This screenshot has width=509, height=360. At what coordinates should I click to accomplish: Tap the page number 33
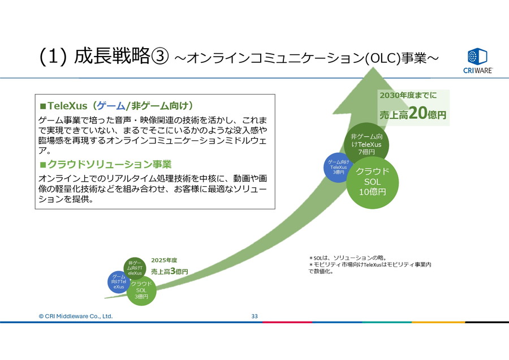point(255,316)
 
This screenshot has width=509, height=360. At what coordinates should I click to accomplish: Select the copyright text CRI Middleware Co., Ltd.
point(76,316)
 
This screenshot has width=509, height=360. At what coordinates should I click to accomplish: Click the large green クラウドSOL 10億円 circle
point(372,181)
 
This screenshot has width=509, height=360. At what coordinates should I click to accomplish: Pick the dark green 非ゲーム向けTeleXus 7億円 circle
point(366,144)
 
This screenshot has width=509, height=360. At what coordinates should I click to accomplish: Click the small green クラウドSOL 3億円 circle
point(141,289)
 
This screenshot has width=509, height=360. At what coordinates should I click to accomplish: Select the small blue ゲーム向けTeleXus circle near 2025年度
point(119,282)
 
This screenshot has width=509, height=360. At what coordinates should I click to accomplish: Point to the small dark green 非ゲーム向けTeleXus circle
point(135,268)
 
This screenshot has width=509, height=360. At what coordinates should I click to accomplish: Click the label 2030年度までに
point(408,95)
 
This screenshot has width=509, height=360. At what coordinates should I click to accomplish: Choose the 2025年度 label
point(164,260)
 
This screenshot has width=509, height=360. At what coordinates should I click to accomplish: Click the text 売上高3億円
point(170,272)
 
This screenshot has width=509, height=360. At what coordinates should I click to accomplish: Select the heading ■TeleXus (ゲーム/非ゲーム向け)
point(117,106)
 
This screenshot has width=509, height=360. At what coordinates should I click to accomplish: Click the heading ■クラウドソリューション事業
point(105,165)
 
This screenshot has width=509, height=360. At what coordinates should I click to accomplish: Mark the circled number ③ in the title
point(160,57)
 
